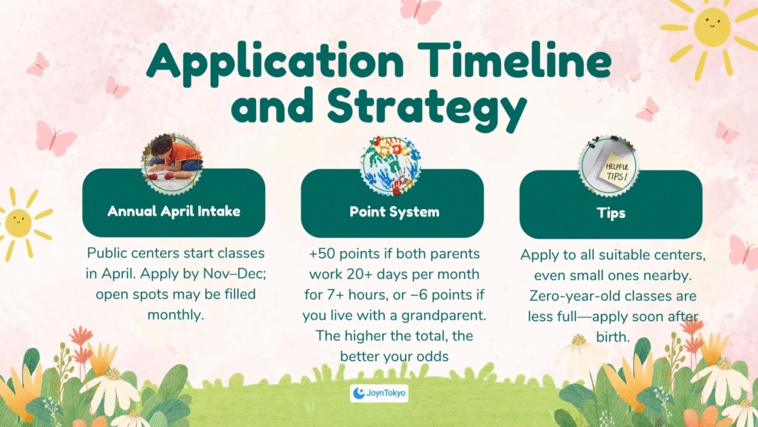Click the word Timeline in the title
click(515, 61)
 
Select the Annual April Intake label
click(173, 211)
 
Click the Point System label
click(395, 211)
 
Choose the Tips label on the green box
click(611, 213)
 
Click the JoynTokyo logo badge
click(379, 393)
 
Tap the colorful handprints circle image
click(391, 165)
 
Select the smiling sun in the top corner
click(711, 30)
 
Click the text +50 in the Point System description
click(322, 254)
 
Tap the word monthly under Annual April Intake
click(175, 315)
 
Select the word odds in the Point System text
click(434, 357)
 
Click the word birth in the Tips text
click(613, 337)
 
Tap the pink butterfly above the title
click(420, 10)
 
